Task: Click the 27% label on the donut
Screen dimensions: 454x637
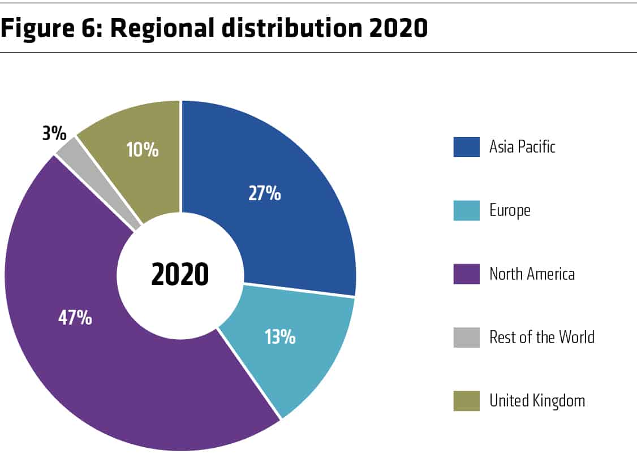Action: coord(264,194)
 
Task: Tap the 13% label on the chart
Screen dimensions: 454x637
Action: coord(279,338)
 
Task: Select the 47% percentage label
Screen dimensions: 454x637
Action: coord(75,318)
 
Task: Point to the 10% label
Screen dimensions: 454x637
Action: coord(143,150)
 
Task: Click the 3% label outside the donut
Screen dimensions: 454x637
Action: coord(54,135)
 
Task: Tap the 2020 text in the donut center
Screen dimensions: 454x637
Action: coord(180,275)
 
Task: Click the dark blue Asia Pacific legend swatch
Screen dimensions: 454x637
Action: coord(466,147)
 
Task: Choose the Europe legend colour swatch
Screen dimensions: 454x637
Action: coord(466,210)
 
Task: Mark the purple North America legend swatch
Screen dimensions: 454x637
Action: coord(466,274)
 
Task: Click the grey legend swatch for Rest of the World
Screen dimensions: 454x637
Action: coord(466,338)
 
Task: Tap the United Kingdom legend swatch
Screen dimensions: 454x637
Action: coord(466,401)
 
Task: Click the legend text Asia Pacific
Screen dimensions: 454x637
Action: coord(522,147)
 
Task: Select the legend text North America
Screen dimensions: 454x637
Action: coord(532,274)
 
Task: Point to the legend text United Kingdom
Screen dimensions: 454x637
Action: coord(537,401)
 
